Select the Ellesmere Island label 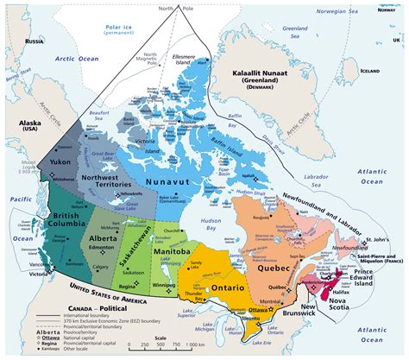[x=184, y=61]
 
